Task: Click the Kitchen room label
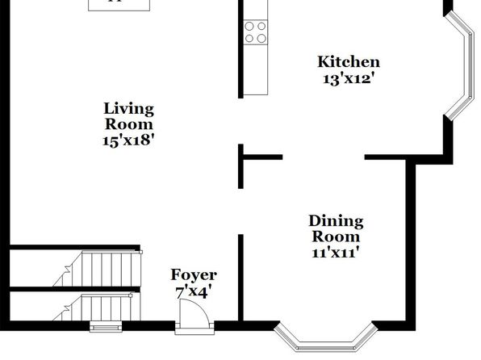click(349, 61)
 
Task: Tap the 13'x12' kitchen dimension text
click(349, 79)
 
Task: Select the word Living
click(128, 110)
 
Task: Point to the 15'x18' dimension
click(128, 140)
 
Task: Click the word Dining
click(336, 222)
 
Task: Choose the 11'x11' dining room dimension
click(335, 253)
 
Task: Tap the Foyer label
click(194, 275)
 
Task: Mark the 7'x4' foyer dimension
click(193, 292)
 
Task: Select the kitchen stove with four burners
click(256, 32)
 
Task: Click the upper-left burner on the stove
click(249, 27)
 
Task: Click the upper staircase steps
click(97, 269)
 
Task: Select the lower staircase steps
click(97, 308)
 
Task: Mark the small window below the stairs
click(106, 327)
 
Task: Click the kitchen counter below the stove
click(256, 69)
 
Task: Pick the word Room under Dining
click(336, 237)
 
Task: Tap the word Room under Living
click(129, 124)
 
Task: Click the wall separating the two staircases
click(75, 289)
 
